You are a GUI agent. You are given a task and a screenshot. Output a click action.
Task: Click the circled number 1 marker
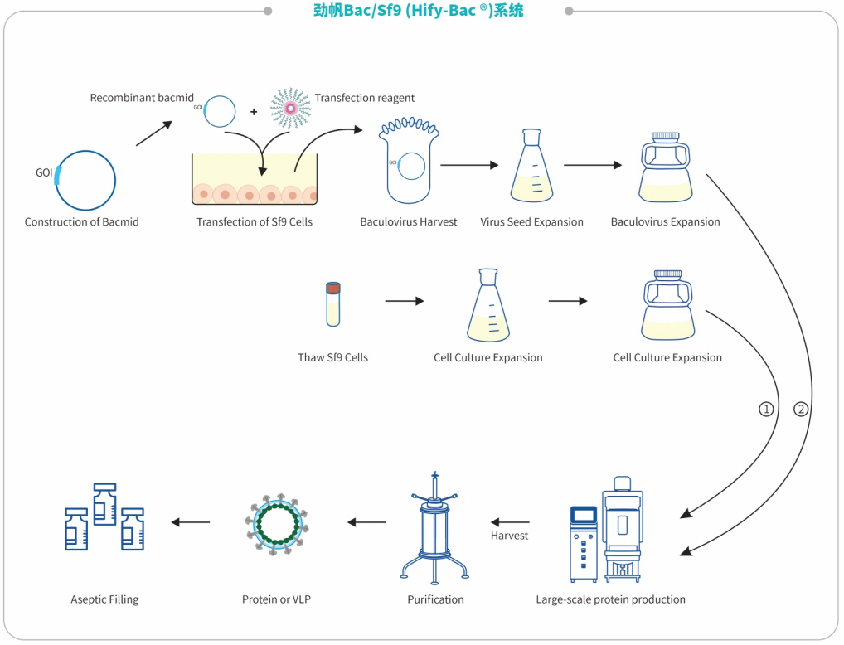pos(766,409)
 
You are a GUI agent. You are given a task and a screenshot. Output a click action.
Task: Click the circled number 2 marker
pos(800,409)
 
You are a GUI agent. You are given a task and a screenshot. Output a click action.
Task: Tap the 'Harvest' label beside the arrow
pos(509,536)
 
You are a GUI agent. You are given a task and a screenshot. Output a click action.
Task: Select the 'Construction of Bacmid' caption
pos(82,221)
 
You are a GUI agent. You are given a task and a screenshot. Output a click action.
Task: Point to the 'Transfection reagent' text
pos(365,98)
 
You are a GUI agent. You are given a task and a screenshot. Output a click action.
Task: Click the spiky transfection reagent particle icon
pos(290,108)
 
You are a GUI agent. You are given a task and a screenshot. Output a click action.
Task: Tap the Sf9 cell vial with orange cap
pos(332,303)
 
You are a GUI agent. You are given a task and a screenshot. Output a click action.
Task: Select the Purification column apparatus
pos(434,527)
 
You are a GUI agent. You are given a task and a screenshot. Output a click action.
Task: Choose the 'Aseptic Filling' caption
pos(104,599)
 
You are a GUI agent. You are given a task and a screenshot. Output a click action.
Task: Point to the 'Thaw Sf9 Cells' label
pos(332,357)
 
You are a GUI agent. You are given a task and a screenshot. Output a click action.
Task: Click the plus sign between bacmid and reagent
pos(254,112)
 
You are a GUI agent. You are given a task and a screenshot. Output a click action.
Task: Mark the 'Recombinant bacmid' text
pos(142,98)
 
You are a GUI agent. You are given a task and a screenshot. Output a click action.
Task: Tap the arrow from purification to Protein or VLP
pos(367,522)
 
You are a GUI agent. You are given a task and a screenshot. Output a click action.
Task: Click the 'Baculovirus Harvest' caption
pos(409,221)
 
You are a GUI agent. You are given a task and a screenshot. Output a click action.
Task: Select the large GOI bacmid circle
pos(85,179)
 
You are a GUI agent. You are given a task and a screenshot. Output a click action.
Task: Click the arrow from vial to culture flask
pos(404,301)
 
